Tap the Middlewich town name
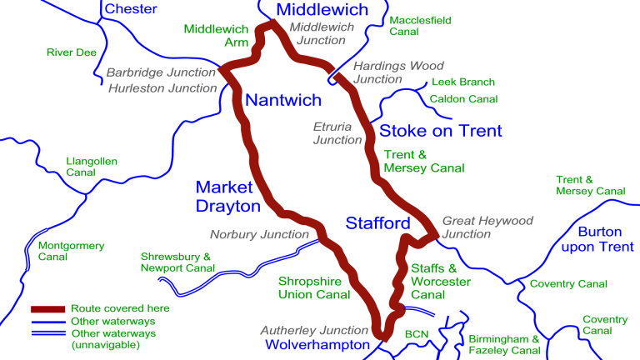pyautogui.click(x=322, y=10)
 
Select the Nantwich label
pyautogui.click(x=282, y=100)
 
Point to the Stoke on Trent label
pyautogui.click(x=441, y=131)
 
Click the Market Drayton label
pyautogui.click(x=228, y=196)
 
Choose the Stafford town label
pyautogui.click(x=378, y=222)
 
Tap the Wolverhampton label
pyautogui.click(x=317, y=344)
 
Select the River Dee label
pyautogui.click(x=72, y=52)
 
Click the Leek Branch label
pyautogui.click(x=462, y=82)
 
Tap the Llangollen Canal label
pyautogui.click(x=92, y=167)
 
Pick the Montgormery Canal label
pyautogui.click(x=71, y=252)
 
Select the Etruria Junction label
pyautogui.click(x=337, y=133)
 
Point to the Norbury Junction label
pyautogui.click(x=259, y=234)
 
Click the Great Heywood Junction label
pyautogui.click(x=487, y=227)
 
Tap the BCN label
pyautogui.click(x=416, y=334)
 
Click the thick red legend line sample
pyautogui.click(x=47, y=307)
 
